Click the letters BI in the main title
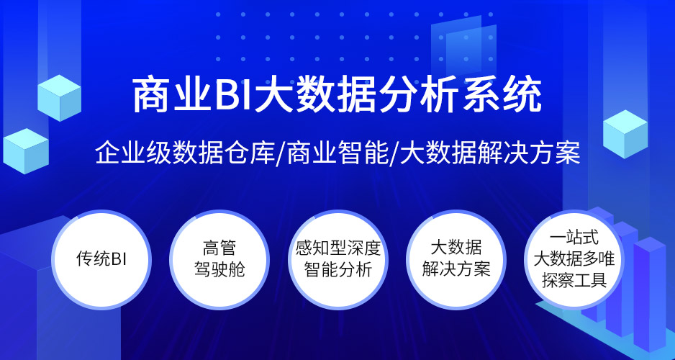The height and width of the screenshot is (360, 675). pos(231,96)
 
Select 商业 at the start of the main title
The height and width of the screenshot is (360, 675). pos(170,96)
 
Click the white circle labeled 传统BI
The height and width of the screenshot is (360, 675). pos(101,260)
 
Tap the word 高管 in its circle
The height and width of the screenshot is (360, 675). pos(219,248)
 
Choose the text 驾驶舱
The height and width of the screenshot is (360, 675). pos(219,269)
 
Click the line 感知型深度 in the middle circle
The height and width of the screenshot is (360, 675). pos(338,248)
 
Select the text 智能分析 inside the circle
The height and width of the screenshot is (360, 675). pos(338,270)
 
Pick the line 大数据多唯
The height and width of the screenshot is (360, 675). pos(574,259)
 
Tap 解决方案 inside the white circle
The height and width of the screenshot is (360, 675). pos(456,269)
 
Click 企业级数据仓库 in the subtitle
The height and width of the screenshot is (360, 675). pos(185,153)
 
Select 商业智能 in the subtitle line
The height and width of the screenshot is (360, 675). pos(337,153)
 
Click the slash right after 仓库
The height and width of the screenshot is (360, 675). pos(281,154)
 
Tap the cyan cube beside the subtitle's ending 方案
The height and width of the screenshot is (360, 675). pos(625,134)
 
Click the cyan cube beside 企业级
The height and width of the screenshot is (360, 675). pos(26,150)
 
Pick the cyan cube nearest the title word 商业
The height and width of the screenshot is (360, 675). pos(60,98)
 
